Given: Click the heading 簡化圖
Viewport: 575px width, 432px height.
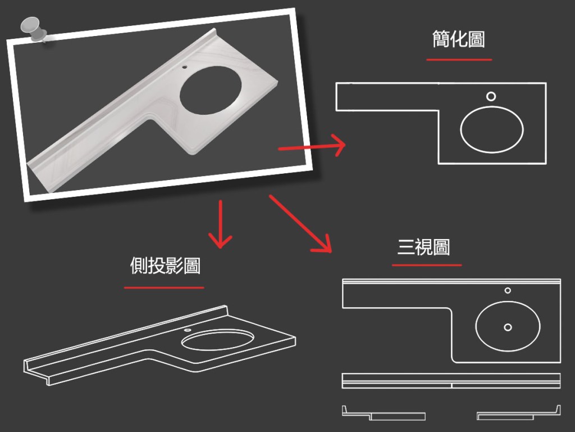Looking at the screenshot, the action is coord(459,39).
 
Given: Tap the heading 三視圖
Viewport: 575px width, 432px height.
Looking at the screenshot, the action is coord(423,247).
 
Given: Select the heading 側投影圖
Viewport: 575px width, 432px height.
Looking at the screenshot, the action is coord(165,265).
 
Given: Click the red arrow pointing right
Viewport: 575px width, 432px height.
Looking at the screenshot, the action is coord(312,146).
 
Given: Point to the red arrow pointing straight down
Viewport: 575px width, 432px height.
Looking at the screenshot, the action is coord(220,224).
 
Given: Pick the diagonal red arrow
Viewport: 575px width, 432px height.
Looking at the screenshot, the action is coord(301,224).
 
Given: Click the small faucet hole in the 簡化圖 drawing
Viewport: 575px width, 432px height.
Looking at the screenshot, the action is coord(491,97).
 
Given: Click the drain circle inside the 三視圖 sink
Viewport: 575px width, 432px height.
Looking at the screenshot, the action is coord(508,327).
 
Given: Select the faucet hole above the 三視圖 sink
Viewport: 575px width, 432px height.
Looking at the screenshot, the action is coord(508,291).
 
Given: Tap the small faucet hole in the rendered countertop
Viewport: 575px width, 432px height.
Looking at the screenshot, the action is coord(184,67).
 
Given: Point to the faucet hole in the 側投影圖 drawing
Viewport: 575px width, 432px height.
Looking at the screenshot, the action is coord(188,330).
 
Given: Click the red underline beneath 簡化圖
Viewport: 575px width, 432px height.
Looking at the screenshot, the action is coord(459,60).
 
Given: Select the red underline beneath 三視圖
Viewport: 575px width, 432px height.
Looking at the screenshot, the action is coord(427,265).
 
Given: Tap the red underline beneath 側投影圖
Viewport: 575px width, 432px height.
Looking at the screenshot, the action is coord(164,287).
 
